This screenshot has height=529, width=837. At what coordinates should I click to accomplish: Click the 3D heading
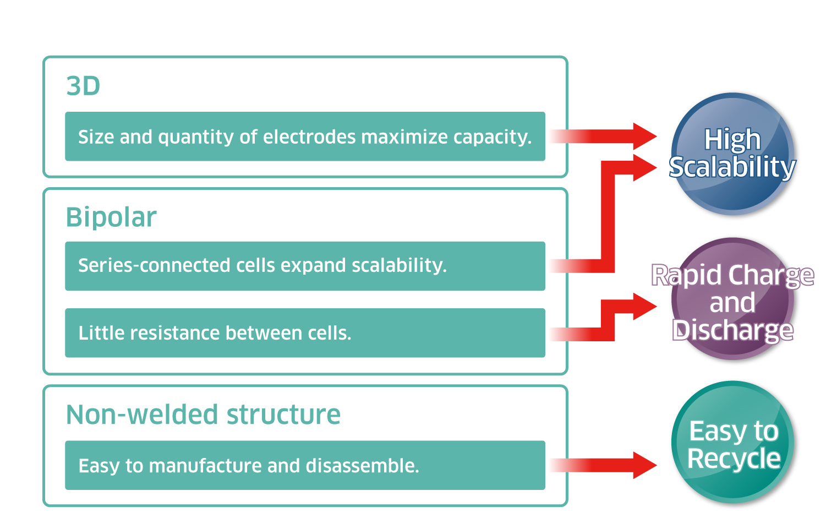pyautogui.click(x=83, y=86)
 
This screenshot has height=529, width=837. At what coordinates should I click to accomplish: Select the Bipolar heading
pyautogui.click(x=111, y=217)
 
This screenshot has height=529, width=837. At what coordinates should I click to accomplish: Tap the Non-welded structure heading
pyautogui.click(x=203, y=415)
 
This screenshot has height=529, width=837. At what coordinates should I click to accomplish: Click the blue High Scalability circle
pyautogui.click(x=732, y=154)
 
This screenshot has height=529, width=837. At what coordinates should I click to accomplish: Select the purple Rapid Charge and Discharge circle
pyautogui.click(x=732, y=299)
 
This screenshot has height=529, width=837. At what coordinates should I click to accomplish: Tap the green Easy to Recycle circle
pyautogui.click(x=732, y=442)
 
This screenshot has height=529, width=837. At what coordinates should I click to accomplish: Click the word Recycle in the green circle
pyautogui.click(x=734, y=459)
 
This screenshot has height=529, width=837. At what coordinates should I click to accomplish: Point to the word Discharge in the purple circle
pyautogui.click(x=732, y=330)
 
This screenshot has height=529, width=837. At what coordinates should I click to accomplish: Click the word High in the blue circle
pyautogui.click(x=732, y=139)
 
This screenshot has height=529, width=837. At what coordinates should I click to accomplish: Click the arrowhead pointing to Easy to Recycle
pyautogui.click(x=644, y=465)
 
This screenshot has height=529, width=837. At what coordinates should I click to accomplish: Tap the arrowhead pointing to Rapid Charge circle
pyautogui.click(x=644, y=306)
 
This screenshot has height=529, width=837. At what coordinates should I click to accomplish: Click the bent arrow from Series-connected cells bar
pyautogui.click(x=608, y=220)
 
